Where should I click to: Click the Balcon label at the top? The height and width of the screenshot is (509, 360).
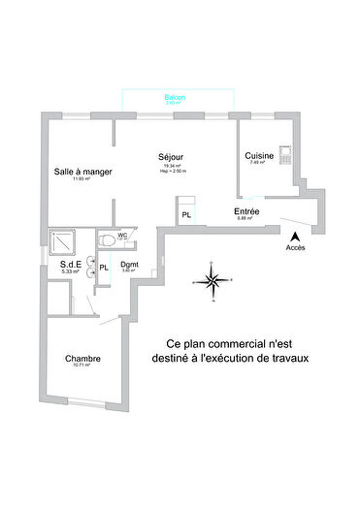pos(175,98)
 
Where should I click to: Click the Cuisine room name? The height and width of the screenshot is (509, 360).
pos(258,155)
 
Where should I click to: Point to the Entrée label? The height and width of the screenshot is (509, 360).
pos(245,210)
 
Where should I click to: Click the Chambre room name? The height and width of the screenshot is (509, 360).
pos(82,359)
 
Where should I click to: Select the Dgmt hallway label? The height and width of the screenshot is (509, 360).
pos(128,265)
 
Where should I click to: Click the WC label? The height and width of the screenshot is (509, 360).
pos(123,236)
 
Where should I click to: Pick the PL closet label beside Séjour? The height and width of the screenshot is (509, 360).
pos(186,214)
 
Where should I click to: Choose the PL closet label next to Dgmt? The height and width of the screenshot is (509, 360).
pos(104,266)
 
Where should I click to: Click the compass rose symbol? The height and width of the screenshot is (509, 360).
pos(210,281)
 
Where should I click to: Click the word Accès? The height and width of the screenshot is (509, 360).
pos(295,248)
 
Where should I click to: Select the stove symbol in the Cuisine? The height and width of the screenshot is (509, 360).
pos(285,153)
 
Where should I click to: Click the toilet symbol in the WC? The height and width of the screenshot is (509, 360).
pos(105,239)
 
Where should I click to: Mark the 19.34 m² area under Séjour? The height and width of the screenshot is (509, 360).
pos(173,166)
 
